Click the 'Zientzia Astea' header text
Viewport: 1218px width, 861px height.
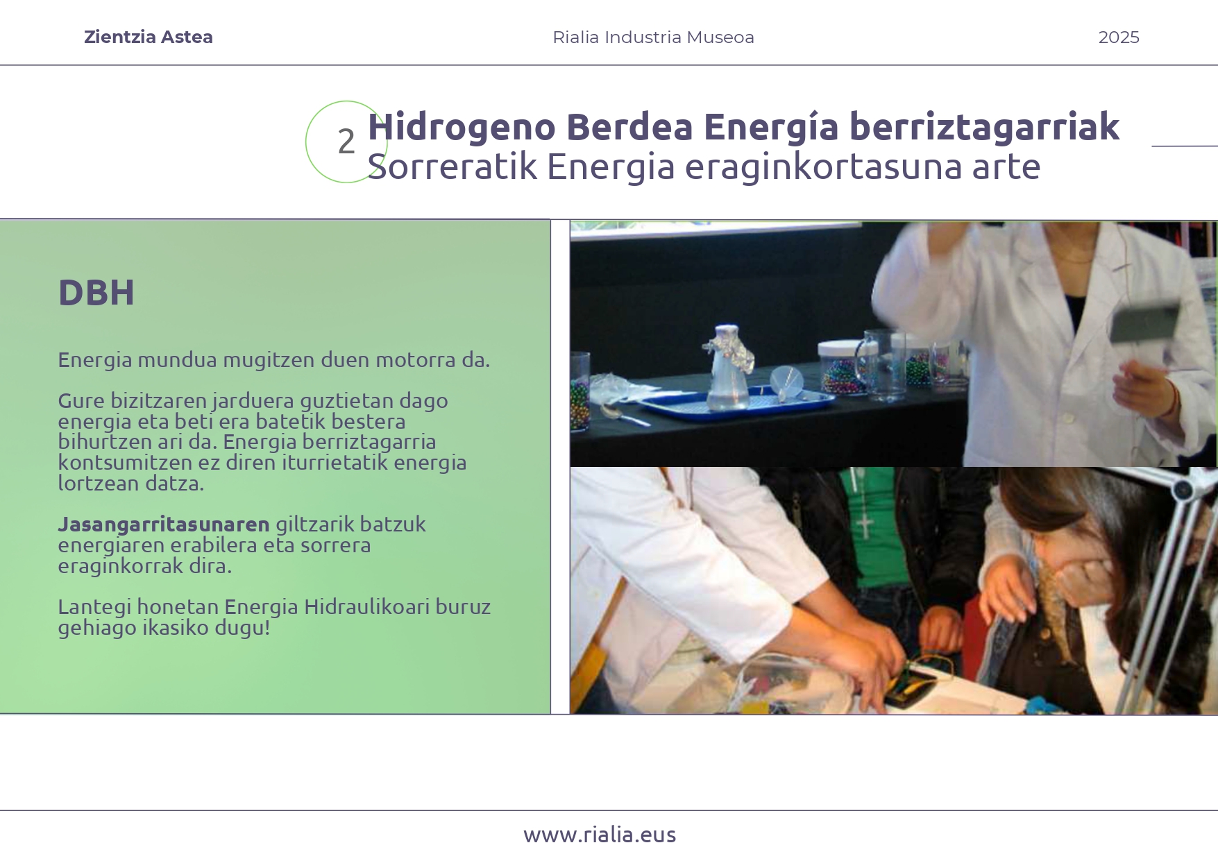pos(148,37)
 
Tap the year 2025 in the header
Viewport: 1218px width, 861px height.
pos(1118,37)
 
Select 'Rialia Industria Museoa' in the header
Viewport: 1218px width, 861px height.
pos(653,37)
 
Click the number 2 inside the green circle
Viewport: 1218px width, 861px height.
pos(346,142)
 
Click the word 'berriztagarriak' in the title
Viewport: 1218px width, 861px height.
pos(984,127)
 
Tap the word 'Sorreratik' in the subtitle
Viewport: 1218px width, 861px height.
pos(452,167)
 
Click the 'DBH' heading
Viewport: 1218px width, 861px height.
pos(96,293)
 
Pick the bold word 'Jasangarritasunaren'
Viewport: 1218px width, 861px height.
pos(164,525)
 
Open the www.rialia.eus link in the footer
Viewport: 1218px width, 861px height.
pos(600,835)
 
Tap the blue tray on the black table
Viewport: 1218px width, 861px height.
pos(736,407)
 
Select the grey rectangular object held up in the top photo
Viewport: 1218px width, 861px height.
pos(1144,323)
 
